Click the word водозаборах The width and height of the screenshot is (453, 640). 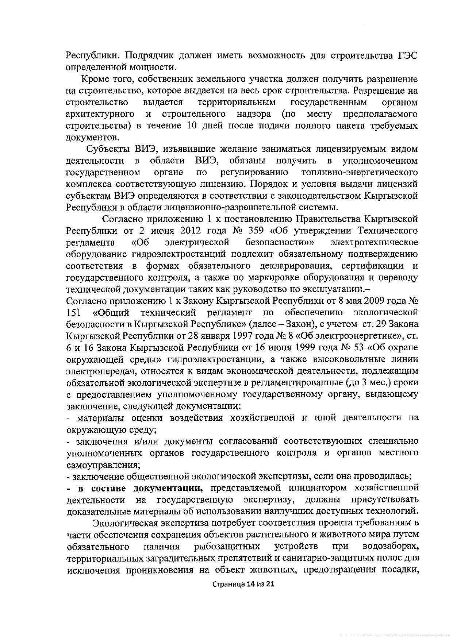pos(391,547)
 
